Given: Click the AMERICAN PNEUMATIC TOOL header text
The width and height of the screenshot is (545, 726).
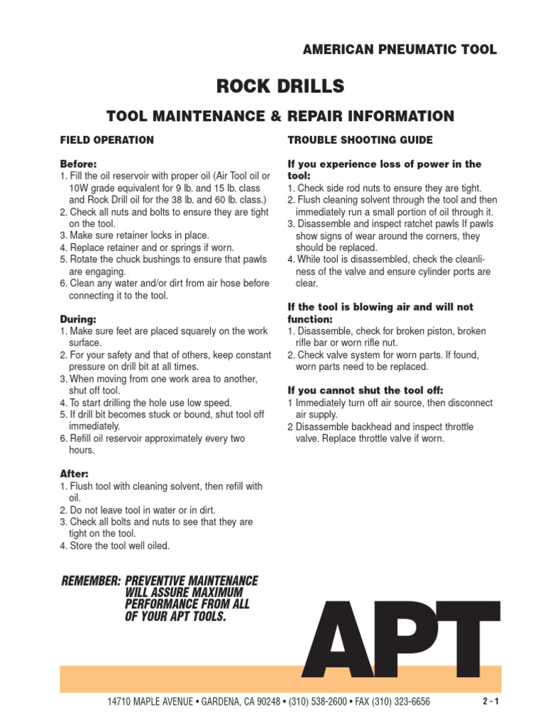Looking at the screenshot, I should (x=400, y=50).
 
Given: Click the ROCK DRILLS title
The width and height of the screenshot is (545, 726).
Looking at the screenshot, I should (x=280, y=86).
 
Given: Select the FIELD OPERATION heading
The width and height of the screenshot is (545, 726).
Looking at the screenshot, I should (x=106, y=140).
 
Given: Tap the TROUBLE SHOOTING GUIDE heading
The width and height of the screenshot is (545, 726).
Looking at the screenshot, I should (x=360, y=140).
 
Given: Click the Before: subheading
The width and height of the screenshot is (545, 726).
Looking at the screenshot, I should (x=77, y=164).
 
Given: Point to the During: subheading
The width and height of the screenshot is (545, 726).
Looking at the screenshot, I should (x=77, y=320).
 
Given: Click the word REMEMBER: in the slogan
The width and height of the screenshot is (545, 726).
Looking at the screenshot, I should (x=92, y=581).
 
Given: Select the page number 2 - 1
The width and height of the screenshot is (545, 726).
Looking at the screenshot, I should (x=491, y=702).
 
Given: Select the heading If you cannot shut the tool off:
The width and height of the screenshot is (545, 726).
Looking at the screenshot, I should (x=365, y=391).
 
